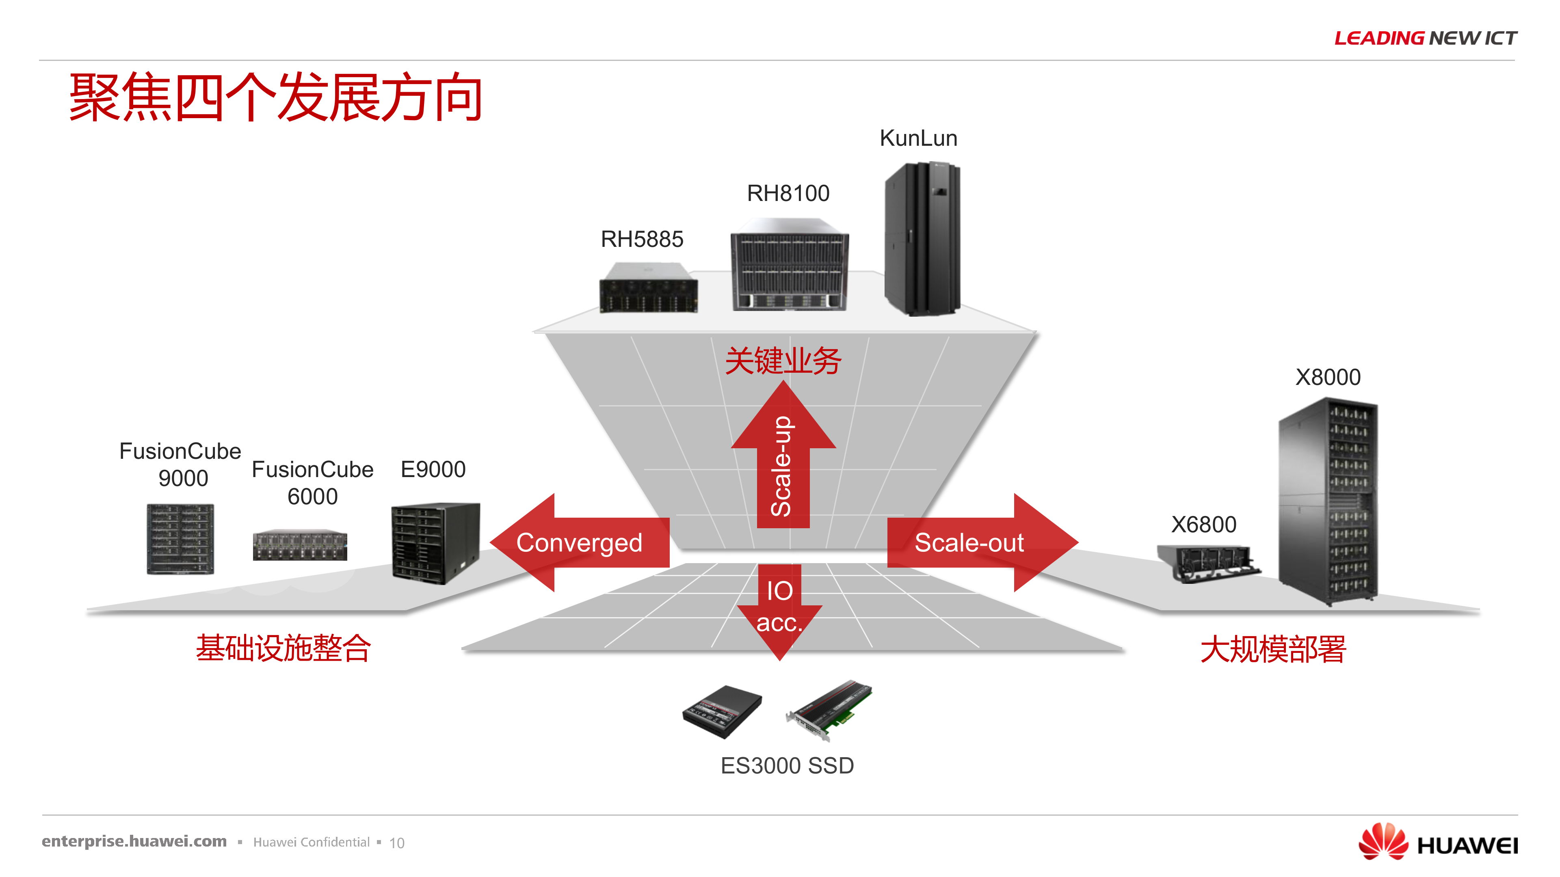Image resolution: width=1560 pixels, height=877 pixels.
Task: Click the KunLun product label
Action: click(918, 138)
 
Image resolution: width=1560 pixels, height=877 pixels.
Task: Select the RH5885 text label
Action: click(642, 240)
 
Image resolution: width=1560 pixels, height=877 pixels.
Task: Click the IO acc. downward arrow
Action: click(779, 608)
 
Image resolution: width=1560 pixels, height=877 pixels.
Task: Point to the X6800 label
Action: click(1203, 525)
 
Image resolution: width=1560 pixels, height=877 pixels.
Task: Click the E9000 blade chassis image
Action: click(435, 542)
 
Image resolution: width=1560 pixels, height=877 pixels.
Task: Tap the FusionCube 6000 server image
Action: click(300, 545)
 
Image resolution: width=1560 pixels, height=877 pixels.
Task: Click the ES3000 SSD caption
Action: click(787, 766)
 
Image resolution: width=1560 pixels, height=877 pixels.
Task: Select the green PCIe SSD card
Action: click(830, 709)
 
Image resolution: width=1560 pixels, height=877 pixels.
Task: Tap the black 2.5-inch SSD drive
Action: click(722, 712)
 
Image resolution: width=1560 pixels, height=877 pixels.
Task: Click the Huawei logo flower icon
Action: click(1383, 841)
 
